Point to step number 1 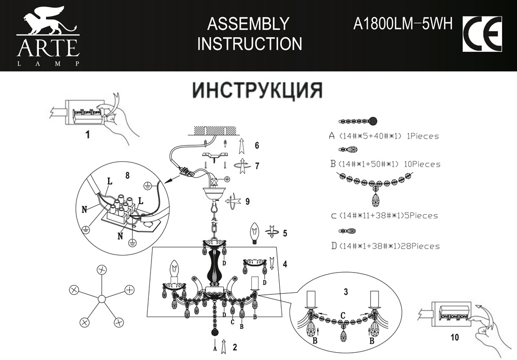tap(87, 136)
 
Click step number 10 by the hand tap(454, 337)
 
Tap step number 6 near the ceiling tap(256, 145)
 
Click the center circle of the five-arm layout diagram tap(102, 298)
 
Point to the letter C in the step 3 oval tap(343, 314)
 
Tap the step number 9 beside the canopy tap(247, 201)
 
